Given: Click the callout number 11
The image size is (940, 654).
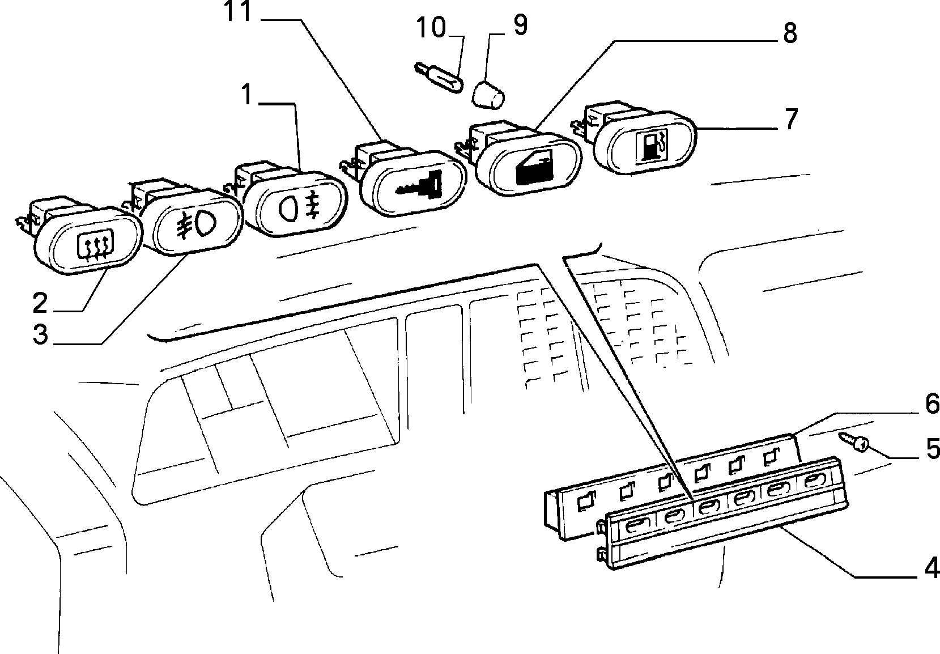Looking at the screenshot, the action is (238, 11).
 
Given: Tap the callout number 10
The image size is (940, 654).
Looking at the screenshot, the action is (431, 28).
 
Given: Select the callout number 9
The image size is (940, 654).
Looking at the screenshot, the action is (520, 25).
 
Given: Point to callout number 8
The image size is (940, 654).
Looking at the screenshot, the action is (790, 33).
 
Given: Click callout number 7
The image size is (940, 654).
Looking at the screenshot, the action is (791, 119).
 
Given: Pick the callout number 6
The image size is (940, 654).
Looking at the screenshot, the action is (932, 404).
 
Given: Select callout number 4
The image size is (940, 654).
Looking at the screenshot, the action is (932, 568).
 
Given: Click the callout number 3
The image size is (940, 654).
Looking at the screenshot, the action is (41, 334).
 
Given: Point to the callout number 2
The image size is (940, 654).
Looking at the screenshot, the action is (40, 303).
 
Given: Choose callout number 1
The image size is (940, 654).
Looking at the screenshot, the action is (246, 95).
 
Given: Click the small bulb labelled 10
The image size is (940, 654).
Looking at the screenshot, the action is (439, 77).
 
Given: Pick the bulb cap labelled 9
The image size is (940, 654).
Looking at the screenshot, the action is (488, 95).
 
